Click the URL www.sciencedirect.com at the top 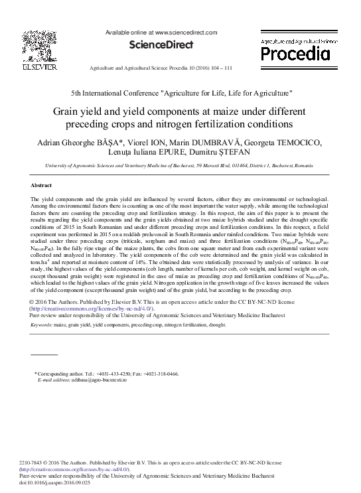coord(186,32)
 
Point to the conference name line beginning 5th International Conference coord(181,94)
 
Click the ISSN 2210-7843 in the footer coord(34,462)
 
